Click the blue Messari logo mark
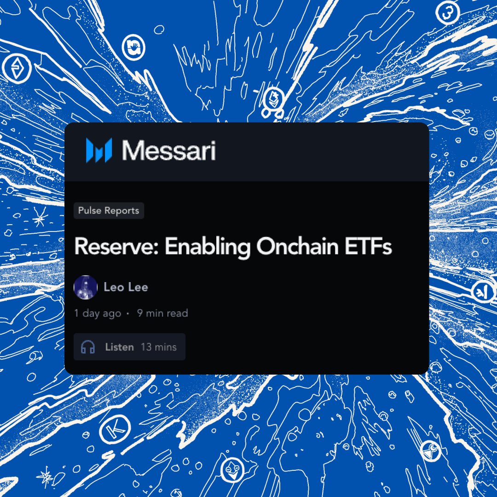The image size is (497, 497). point(98,150)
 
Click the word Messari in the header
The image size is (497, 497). point(169,150)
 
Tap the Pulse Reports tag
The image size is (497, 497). point(109,211)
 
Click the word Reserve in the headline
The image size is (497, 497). point(115,247)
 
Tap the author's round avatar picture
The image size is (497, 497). point(86,288)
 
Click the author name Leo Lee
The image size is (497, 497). point(126,288)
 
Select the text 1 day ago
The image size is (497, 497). point(98,313)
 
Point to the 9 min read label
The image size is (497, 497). point(162,313)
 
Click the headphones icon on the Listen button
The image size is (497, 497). point(88,347)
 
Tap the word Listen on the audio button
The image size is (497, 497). point(119,347)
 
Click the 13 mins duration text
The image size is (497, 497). point(159,347)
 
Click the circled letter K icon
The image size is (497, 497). point(111,431)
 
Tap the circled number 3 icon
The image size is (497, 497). point(446,14)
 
